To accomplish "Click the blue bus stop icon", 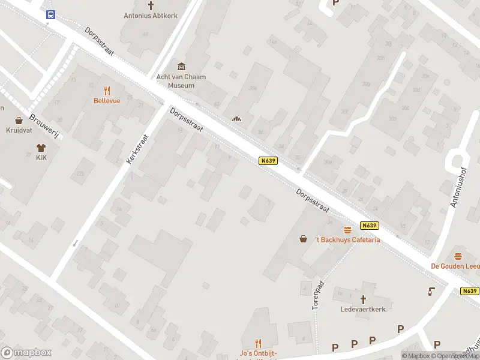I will pyautogui.click(x=50, y=15).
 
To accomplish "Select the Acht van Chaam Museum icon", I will pyautogui.click(x=181, y=67).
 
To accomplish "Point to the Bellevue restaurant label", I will pyautogui.click(x=107, y=101).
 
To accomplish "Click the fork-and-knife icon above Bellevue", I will pyautogui.click(x=107, y=91).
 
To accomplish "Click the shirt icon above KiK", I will pyautogui.click(x=41, y=147).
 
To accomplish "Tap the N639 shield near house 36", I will pyautogui.click(x=268, y=161).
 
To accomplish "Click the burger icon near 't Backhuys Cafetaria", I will pyautogui.click(x=347, y=230).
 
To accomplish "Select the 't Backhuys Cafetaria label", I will pyautogui.click(x=348, y=240).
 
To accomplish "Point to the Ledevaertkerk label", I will pyautogui.click(x=362, y=309).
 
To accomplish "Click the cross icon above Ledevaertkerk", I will pyautogui.click(x=362, y=299).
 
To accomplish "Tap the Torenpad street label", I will pyautogui.click(x=318, y=295).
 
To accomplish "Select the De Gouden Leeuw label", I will pyautogui.click(x=455, y=266).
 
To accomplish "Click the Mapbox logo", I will pyautogui.click(x=26, y=353).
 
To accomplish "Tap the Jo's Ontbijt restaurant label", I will pyautogui.click(x=259, y=354).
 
